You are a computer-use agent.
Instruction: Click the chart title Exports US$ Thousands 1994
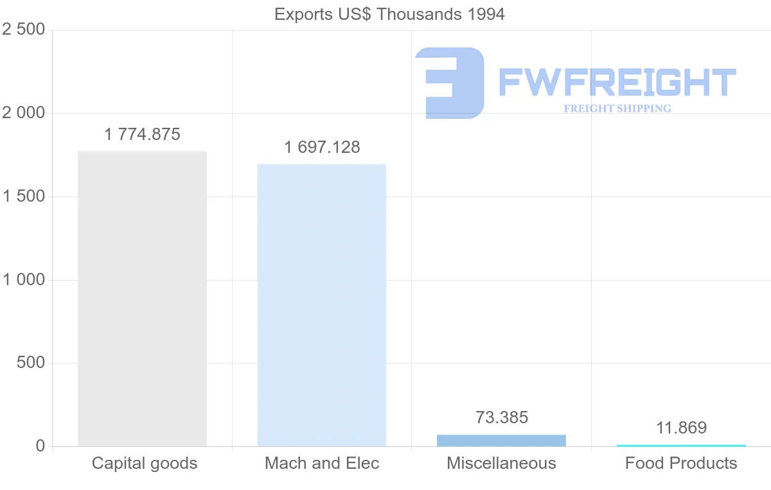(x=389, y=14)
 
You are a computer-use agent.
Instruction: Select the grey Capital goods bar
(x=142, y=299)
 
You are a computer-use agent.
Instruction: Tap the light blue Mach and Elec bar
(x=322, y=305)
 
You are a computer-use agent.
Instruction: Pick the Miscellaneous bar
(x=501, y=441)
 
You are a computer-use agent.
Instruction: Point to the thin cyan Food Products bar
(x=681, y=445)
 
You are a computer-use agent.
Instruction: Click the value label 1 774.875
(x=142, y=135)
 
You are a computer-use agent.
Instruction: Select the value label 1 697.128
(x=322, y=148)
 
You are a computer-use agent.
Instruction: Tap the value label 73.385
(x=502, y=418)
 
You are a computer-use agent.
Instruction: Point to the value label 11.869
(x=681, y=428)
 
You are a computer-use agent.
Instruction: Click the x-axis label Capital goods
(x=145, y=463)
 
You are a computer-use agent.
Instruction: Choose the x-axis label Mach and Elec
(x=322, y=463)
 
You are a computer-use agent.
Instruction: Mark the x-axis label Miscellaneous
(x=501, y=463)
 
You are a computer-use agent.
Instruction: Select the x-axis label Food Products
(x=681, y=463)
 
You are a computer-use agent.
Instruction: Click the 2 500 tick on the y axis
(x=24, y=30)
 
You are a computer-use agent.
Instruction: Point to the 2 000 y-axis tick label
(x=24, y=113)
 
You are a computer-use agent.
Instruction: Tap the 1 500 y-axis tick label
(x=24, y=197)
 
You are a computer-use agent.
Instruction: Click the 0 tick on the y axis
(x=40, y=446)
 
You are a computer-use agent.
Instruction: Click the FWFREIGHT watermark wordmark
(x=617, y=82)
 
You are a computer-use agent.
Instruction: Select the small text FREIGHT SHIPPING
(x=617, y=109)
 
